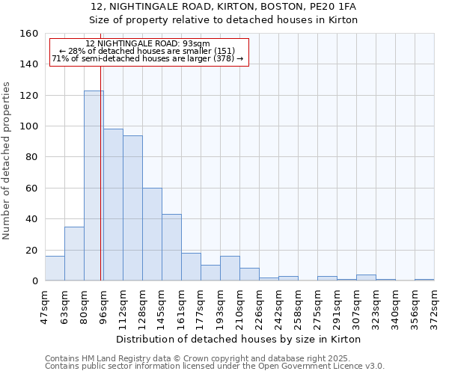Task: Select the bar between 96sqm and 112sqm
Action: click(113, 205)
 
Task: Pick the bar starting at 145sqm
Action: click(171, 248)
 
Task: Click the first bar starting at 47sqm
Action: click(55, 269)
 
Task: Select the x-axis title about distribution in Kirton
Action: click(239, 339)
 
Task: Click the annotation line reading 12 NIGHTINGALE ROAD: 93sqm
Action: click(147, 43)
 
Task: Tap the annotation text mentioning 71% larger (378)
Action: click(147, 58)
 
